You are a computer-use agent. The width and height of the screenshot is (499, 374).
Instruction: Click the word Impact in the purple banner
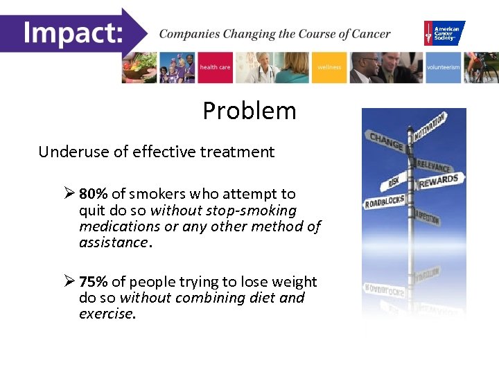click(x=72, y=33)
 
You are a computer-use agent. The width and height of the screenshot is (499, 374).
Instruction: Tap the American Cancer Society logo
click(x=444, y=33)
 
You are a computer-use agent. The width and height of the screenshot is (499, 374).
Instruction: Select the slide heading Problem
click(x=249, y=111)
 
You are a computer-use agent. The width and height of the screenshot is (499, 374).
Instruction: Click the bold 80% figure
click(x=93, y=195)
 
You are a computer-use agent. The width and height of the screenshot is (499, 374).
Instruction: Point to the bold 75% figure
click(x=93, y=282)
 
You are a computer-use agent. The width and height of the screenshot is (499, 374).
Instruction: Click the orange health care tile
click(x=216, y=67)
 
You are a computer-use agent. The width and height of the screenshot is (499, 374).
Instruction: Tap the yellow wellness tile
click(x=329, y=67)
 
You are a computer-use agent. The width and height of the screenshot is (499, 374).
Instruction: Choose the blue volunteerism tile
click(x=443, y=67)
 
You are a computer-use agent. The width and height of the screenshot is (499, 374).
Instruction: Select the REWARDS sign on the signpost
click(x=439, y=181)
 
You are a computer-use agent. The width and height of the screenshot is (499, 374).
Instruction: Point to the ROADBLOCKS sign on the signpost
click(x=385, y=202)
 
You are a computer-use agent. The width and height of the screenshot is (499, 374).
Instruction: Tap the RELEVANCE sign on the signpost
click(x=434, y=166)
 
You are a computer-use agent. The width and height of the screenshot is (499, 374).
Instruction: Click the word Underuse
click(x=70, y=152)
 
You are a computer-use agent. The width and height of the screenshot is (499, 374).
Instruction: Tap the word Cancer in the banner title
click(x=369, y=34)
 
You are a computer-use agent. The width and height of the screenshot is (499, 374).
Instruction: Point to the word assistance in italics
click(x=112, y=242)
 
